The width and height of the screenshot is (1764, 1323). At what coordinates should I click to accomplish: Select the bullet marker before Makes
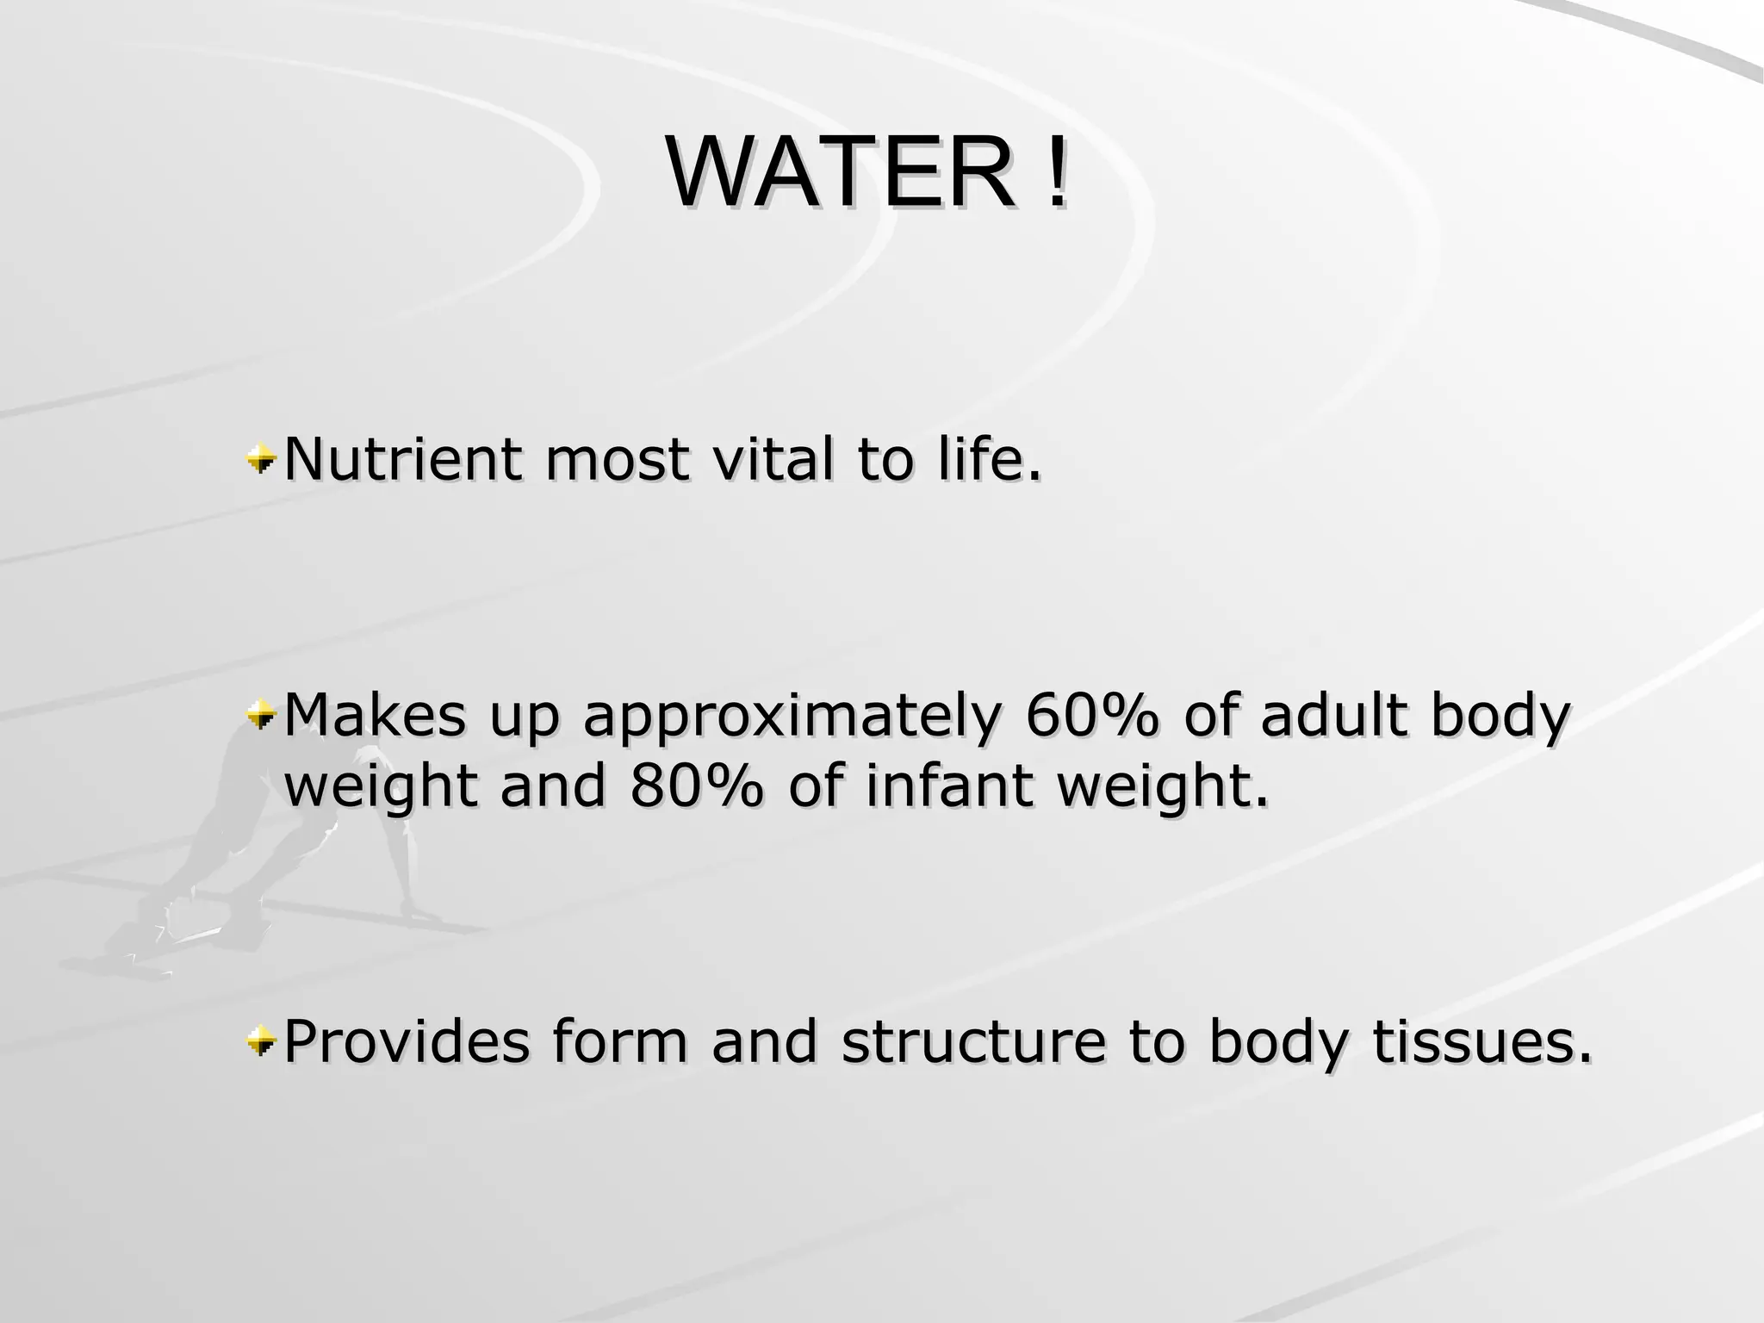(259, 716)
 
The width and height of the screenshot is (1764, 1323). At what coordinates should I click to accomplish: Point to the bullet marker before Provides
(259, 1042)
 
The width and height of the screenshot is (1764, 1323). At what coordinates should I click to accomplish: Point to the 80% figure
(696, 786)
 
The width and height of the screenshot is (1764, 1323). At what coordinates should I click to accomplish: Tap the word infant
(949, 786)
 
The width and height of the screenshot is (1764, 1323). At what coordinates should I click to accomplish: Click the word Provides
(407, 1042)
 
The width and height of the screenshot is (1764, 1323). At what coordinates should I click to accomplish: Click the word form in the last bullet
(619, 1042)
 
